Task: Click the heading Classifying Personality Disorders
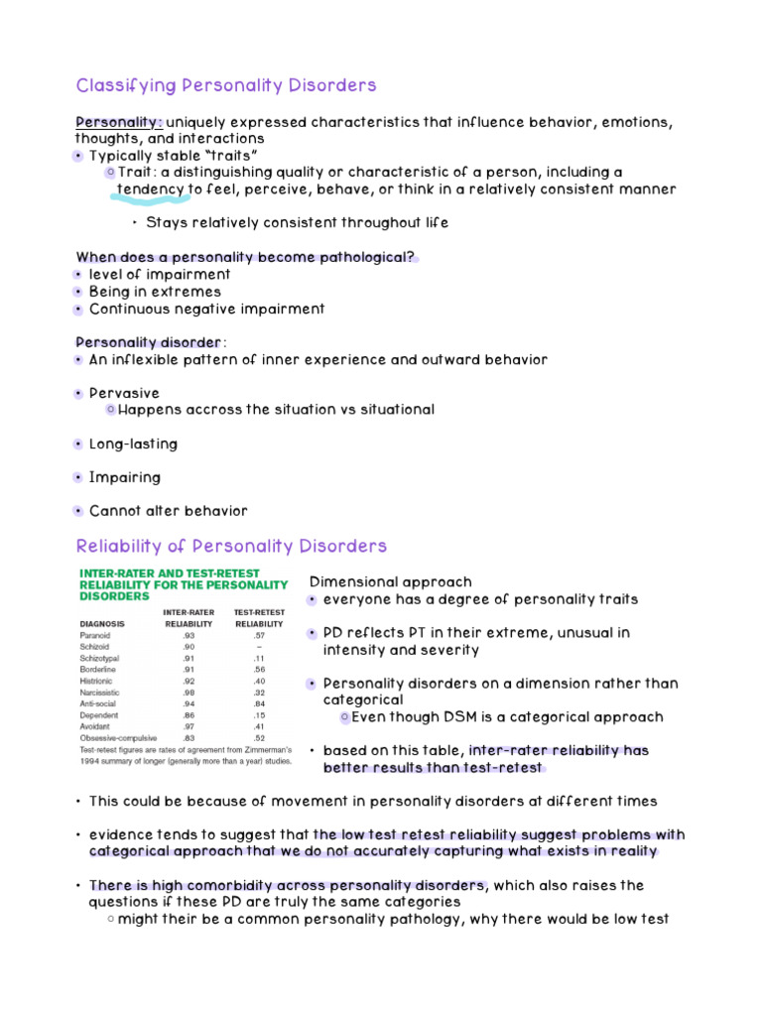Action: (226, 85)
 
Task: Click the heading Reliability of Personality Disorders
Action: (231, 547)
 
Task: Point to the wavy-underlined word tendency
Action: (151, 189)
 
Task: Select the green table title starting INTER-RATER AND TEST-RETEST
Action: (183, 584)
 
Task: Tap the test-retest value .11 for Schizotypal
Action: (258, 659)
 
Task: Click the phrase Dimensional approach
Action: (391, 582)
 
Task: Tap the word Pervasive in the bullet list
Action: (124, 393)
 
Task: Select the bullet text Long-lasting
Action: (133, 444)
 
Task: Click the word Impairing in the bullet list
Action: (125, 477)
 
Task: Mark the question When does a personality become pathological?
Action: (245, 257)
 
